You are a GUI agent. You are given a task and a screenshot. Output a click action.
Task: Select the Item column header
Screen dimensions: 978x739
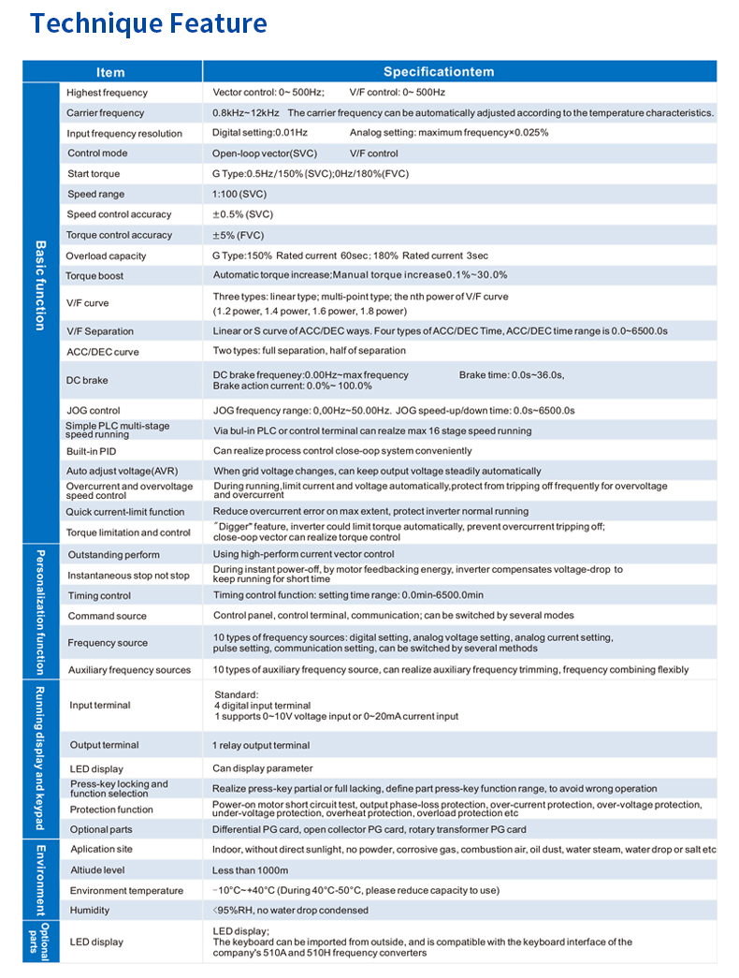click(110, 72)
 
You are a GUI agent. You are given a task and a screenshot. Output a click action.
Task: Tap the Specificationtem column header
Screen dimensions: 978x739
click(439, 72)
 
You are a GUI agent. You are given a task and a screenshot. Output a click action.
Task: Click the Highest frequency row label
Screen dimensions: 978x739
click(107, 93)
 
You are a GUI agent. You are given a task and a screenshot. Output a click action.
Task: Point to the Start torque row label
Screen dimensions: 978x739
click(94, 174)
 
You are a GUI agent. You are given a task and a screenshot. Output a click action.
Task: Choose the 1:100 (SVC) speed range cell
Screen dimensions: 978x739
click(239, 195)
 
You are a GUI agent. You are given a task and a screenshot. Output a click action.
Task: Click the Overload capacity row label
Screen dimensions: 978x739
click(106, 256)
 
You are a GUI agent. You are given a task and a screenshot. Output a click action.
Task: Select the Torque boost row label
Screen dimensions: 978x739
click(94, 276)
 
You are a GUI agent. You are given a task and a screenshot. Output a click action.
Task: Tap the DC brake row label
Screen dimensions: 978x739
click(87, 381)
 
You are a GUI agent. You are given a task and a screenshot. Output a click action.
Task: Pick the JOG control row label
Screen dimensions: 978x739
click(94, 411)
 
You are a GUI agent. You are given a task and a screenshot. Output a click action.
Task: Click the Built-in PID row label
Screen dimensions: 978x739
click(91, 451)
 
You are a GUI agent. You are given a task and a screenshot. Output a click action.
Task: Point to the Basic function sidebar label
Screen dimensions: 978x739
click(40, 285)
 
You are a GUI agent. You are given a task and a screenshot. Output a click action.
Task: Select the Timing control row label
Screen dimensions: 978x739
click(99, 596)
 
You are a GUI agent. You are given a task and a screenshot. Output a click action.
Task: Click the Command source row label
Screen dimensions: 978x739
click(107, 617)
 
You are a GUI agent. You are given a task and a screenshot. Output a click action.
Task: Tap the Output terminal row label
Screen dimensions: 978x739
click(104, 746)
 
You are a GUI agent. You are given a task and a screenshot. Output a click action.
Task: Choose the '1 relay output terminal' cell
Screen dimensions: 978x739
click(261, 746)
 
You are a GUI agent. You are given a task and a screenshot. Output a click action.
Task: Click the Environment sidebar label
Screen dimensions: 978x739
click(40, 880)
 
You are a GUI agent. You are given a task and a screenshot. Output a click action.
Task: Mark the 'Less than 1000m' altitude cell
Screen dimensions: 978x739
click(251, 870)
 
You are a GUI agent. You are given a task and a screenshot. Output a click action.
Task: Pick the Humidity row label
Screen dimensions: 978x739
click(90, 911)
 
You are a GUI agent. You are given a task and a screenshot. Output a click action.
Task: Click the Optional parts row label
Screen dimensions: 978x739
click(100, 830)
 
